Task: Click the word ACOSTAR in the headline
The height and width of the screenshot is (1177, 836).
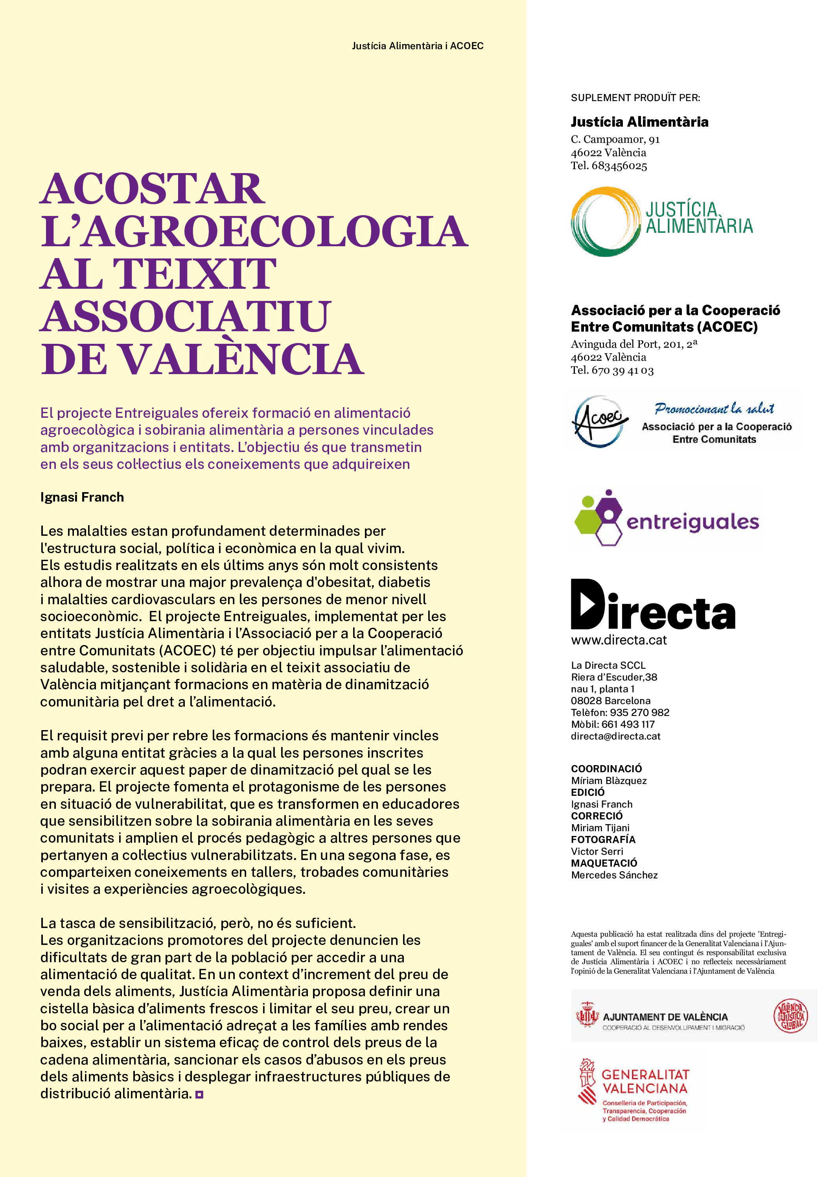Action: coord(152,189)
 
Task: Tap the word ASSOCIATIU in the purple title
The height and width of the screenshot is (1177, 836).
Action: coord(185,316)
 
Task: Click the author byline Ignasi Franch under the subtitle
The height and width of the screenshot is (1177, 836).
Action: coord(82,497)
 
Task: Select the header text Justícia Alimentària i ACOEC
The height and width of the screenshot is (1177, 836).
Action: coord(418,46)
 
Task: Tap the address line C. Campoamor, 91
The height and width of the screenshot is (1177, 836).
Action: coord(615,139)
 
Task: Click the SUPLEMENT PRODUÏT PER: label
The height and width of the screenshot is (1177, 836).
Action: coord(635,98)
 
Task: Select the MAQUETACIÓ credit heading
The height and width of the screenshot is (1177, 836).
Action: coord(604,863)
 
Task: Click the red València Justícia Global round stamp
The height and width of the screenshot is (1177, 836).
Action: coord(791,1016)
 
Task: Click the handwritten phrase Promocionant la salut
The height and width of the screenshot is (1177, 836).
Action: coord(714,409)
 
